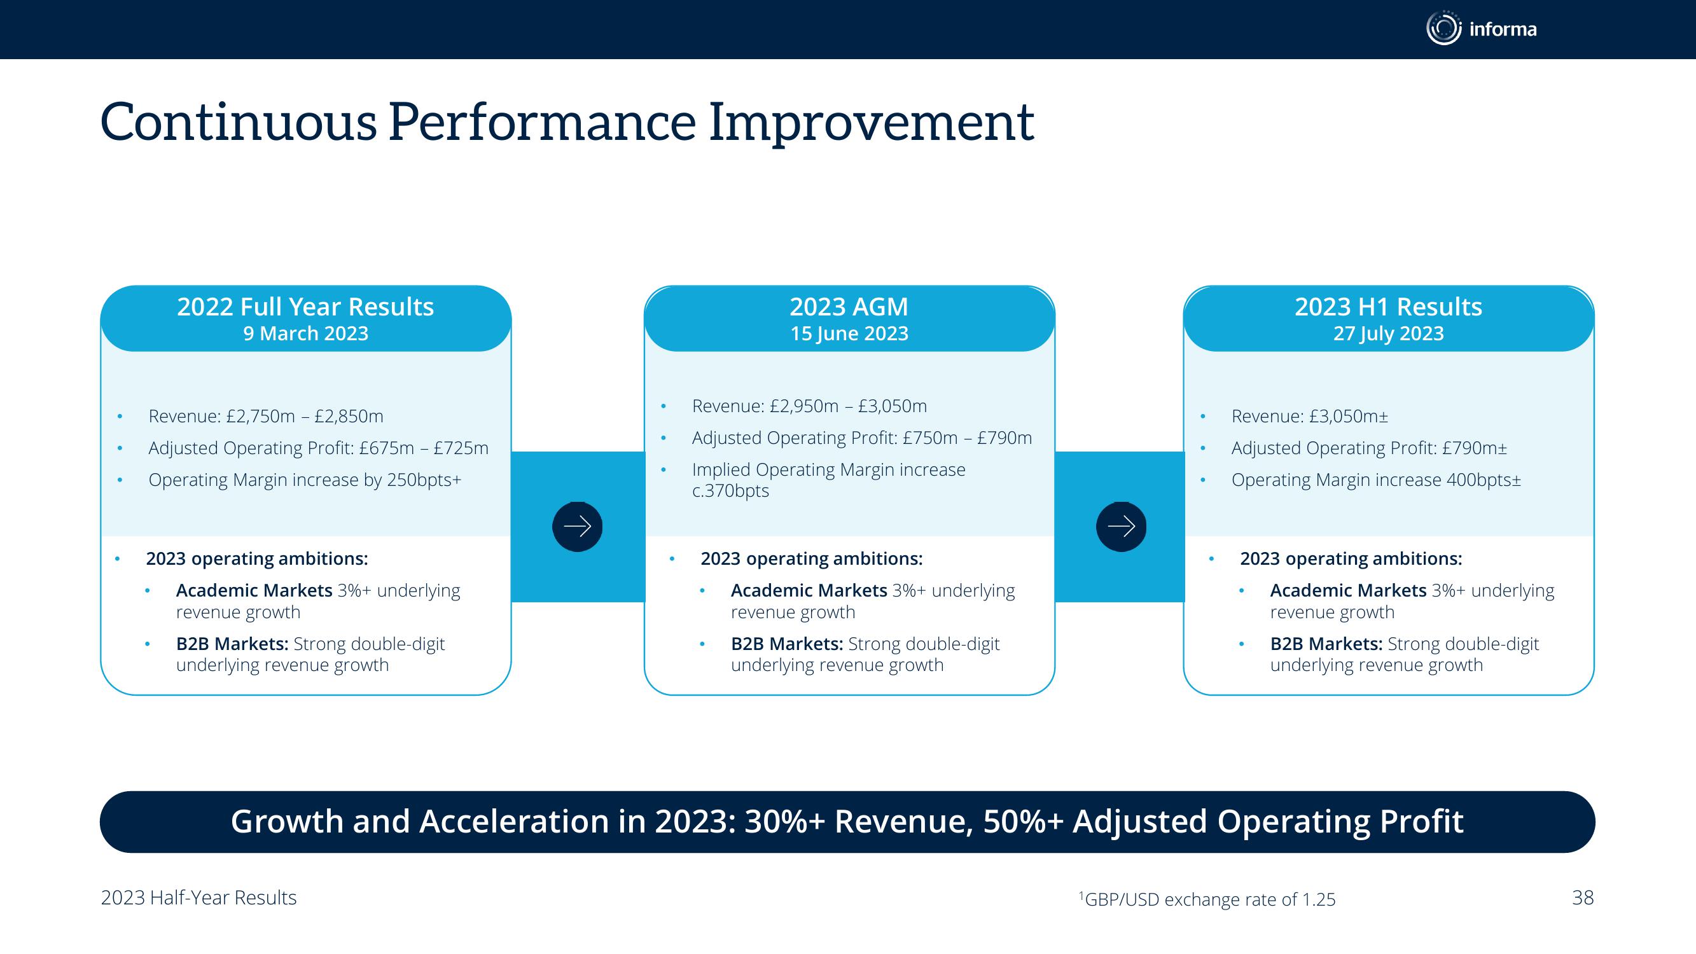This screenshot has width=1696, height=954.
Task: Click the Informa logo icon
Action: pyautogui.click(x=1443, y=29)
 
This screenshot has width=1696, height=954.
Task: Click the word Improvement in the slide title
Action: pyautogui.click(x=871, y=123)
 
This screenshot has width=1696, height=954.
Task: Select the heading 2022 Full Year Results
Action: pyautogui.click(x=305, y=307)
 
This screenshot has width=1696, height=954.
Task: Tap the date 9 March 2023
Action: pyautogui.click(x=305, y=334)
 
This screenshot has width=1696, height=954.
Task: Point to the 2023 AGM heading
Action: pyautogui.click(x=849, y=307)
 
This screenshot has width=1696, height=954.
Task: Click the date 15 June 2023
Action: pyautogui.click(x=849, y=334)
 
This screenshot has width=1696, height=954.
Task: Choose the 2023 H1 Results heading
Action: pyautogui.click(x=1389, y=307)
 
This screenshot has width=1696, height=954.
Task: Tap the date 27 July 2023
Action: pyautogui.click(x=1389, y=334)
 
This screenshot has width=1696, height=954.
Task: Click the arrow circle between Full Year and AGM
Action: pyautogui.click(x=578, y=527)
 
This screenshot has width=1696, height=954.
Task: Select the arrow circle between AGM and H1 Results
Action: pyautogui.click(x=1121, y=527)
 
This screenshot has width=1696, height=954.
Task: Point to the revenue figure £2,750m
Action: pyautogui.click(x=261, y=416)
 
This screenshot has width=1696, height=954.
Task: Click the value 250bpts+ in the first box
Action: pyautogui.click(x=424, y=480)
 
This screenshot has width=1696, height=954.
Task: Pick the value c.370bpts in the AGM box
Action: pyautogui.click(x=730, y=490)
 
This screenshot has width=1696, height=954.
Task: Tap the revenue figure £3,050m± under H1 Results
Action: pyautogui.click(x=1349, y=416)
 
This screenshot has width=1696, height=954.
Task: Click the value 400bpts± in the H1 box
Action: pyautogui.click(x=1484, y=480)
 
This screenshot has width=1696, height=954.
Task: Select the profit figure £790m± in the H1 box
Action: pyautogui.click(x=1474, y=448)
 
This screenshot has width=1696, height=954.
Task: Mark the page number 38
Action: pyautogui.click(x=1583, y=897)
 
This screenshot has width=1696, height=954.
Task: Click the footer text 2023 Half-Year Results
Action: pyautogui.click(x=199, y=898)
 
